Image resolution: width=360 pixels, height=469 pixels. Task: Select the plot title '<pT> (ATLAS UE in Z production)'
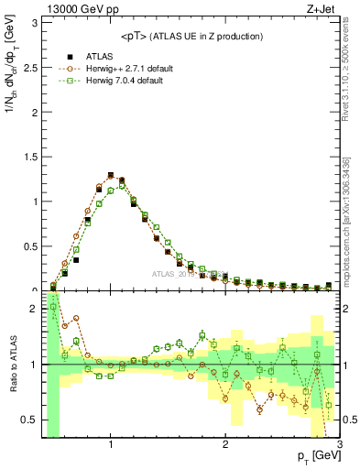click(191, 36)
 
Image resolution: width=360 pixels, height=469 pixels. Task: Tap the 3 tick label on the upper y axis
click(34, 21)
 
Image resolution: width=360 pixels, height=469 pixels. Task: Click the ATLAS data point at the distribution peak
click(111, 175)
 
